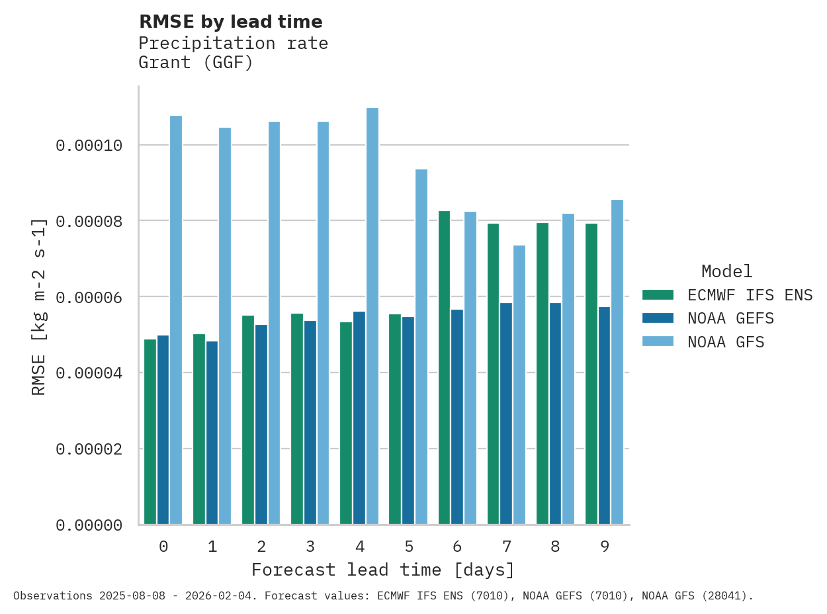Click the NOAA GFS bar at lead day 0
176,320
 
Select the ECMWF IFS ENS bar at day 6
444,368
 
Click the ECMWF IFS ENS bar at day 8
543,374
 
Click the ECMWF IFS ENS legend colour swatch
658,294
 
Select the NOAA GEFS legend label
730,318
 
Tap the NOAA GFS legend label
726,342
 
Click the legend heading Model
726,271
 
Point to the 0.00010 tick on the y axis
89,145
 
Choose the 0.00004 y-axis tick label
89,373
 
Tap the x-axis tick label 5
409,547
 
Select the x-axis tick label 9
605,547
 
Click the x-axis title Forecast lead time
382,570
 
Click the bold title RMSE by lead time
231,22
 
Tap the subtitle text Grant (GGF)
196,63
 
